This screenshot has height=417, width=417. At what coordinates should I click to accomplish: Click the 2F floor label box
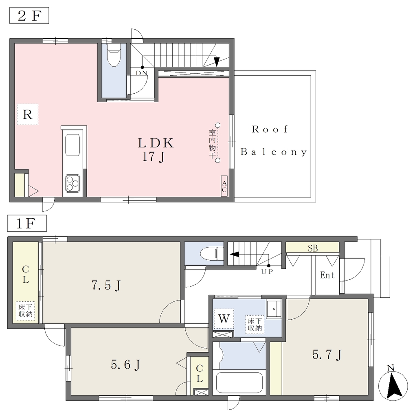pyautogui.click(x=29, y=16)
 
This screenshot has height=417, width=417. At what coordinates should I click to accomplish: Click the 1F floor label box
pyautogui.click(x=27, y=223)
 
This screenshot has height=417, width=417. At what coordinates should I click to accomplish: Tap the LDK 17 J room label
pyautogui.click(x=156, y=150)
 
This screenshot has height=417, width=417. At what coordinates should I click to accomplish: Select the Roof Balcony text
pyautogui.click(x=274, y=140)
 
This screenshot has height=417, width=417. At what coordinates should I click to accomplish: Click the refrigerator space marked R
pyautogui.click(x=28, y=114)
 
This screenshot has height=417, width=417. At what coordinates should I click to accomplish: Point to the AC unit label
pyautogui.click(x=224, y=187)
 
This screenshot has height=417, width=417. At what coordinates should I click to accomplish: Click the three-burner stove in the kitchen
pyautogui.click(x=72, y=183)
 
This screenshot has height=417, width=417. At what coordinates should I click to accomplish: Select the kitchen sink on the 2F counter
pyautogui.click(x=72, y=145)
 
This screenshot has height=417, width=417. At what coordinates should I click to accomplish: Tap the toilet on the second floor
pyautogui.click(x=114, y=55)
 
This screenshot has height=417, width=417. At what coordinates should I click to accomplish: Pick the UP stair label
pyautogui.click(x=267, y=272)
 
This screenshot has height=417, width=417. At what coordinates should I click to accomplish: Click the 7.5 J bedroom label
pyautogui.click(x=106, y=285)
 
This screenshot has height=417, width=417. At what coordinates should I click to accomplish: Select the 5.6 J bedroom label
pyautogui.click(x=125, y=365)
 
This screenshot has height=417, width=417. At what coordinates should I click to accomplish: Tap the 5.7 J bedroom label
pyautogui.click(x=327, y=355)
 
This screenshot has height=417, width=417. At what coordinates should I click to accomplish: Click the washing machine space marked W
pyautogui.click(x=224, y=318)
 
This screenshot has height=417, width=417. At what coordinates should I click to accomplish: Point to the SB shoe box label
pyautogui.click(x=313, y=248)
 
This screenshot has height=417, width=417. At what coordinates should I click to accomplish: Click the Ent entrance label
pyautogui.click(x=327, y=275)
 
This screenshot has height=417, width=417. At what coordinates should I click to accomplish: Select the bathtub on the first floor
pyautogui.click(x=239, y=382)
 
